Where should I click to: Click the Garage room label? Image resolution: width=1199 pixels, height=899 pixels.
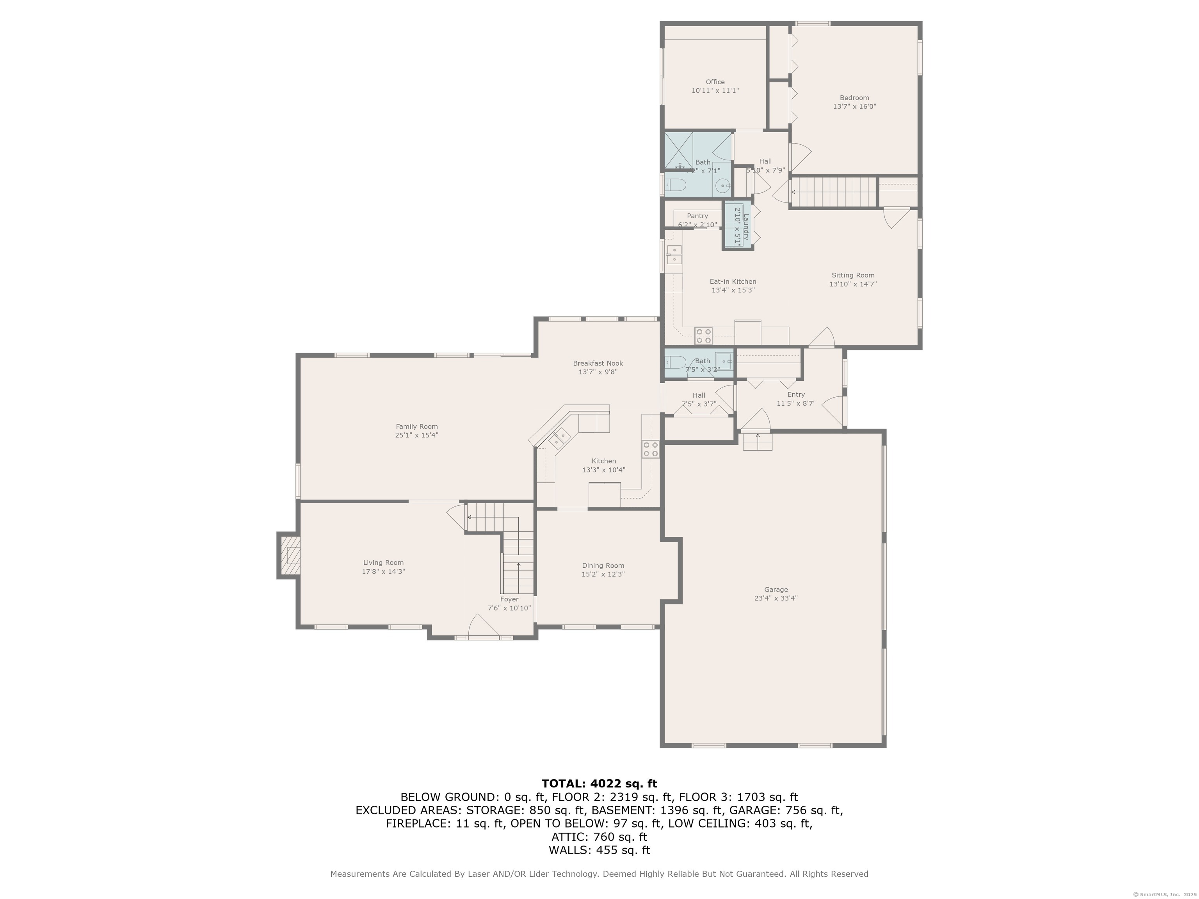coord(776,590)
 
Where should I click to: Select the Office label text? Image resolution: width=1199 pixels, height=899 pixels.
coord(715,82)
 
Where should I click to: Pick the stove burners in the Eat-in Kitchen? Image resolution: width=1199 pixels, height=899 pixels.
coord(704,336)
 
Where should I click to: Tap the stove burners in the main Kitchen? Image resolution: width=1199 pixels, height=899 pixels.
coord(651,449)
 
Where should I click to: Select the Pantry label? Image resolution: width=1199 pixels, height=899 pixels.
coord(697,216)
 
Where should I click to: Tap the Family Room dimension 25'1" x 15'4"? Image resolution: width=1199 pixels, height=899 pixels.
coord(416,435)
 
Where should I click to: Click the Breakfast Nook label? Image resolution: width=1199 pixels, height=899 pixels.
coord(598,363)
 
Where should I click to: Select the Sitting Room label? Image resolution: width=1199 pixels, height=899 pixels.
coord(853,275)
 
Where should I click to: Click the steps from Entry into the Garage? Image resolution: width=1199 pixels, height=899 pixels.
coord(757,442)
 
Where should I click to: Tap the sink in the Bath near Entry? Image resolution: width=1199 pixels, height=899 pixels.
coord(723,361)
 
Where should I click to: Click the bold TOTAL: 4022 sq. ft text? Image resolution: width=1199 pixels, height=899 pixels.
coord(599,784)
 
